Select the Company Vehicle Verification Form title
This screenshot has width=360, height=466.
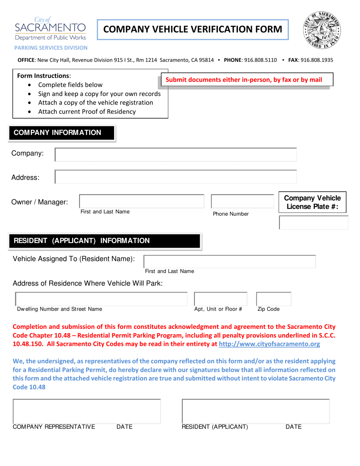(193, 29)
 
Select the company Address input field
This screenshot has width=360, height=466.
(176, 177)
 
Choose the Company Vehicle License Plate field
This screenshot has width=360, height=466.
(313, 222)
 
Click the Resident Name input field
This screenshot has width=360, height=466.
(230, 261)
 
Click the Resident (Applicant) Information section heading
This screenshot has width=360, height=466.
(82, 241)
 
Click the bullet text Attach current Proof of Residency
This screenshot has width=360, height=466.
(87, 112)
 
